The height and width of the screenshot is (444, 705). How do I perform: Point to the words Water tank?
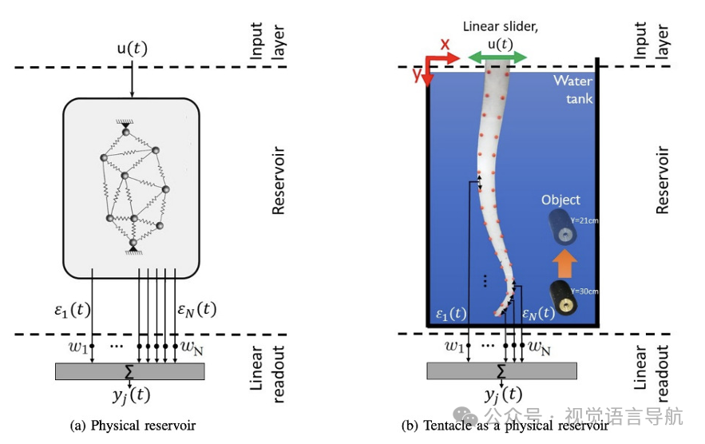(574, 88)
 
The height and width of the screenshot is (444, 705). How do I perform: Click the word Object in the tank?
(560, 200)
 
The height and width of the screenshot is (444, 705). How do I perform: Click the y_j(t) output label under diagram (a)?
(130, 393)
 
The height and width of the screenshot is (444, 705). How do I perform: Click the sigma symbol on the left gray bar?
(129, 371)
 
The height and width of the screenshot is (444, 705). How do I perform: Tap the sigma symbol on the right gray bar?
(501, 371)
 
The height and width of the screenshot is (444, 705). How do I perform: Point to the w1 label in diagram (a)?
(77, 347)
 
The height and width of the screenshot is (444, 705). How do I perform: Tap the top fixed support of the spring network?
(125, 123)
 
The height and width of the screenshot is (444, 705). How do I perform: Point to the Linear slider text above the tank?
(501, 27)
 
